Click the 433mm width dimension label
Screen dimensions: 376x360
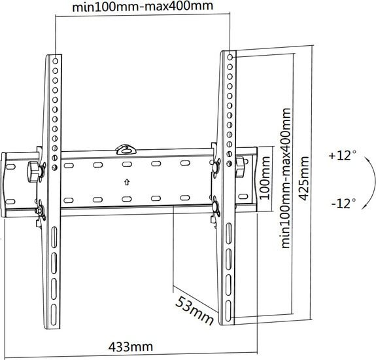point(130,347)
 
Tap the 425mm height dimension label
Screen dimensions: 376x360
point(304,179)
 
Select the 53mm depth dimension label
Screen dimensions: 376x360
point(194,311)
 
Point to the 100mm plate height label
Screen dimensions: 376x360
point(265,178)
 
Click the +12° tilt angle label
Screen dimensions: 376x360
point(342,155)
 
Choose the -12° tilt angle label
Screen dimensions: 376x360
point(343,204)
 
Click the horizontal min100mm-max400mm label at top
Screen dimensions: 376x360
point(143,6)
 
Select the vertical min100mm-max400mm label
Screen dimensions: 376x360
point(286,178)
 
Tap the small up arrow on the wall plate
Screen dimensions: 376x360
point(127,183)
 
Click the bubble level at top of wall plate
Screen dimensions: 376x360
point(126,149)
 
